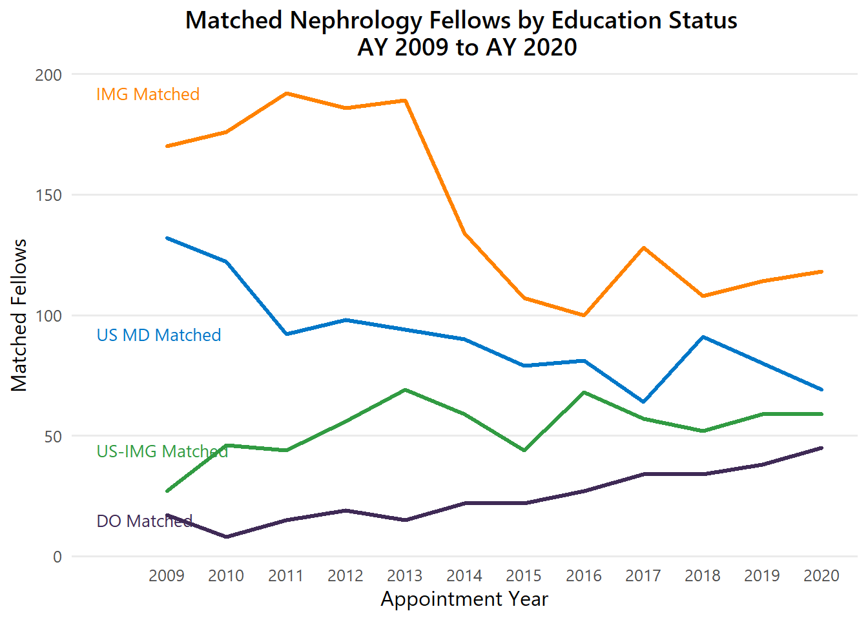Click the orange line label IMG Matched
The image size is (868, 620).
[x=148, y=94]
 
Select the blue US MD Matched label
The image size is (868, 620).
[x=159, y=335]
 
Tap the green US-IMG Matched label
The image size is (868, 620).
[x=162, y=451]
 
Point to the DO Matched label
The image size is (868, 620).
[x=145, y=521]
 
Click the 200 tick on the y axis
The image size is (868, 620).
[x=48, y=75]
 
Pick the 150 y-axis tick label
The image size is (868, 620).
[x=48, y=195]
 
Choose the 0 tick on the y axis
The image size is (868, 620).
[x=57, y=557]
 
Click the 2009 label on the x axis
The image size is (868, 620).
[x=167, y=575]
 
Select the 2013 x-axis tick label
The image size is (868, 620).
[x=405, y=575]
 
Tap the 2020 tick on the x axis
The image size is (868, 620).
[x=821, y=575]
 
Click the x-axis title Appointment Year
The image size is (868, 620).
[x=464, y=599]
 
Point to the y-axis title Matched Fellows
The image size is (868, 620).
[x=19, y=315]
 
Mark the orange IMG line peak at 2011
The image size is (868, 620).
[x=286, y=93]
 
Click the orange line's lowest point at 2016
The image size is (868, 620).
[x=584, y=315]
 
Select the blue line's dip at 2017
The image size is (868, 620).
[x=643, y=402]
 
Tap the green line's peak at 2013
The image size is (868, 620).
[x=405, y=389]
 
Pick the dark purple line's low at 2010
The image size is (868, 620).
[x=227, y=537]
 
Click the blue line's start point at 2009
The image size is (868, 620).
[x=167, y=238]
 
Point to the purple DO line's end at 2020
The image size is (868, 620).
[x=821, y=448]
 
